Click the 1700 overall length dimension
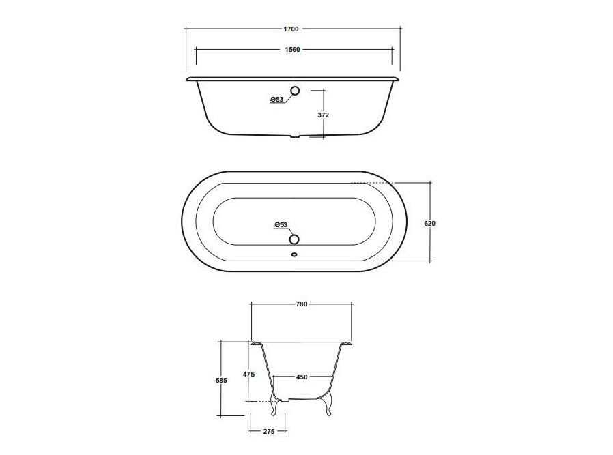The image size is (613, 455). click(291, 29)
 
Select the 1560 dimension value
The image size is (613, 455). click(292, 50)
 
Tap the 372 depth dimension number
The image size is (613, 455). click(324, 115)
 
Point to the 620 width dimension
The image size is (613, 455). click(429, 224)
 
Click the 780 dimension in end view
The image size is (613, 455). click(302, 304)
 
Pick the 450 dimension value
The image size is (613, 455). click(302, 377)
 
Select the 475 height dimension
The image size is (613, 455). click(248, 374)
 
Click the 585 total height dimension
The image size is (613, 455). click(221, 380)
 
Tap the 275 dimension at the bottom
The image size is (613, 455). click(269, 431)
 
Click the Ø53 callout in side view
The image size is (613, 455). click(276, 99)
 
